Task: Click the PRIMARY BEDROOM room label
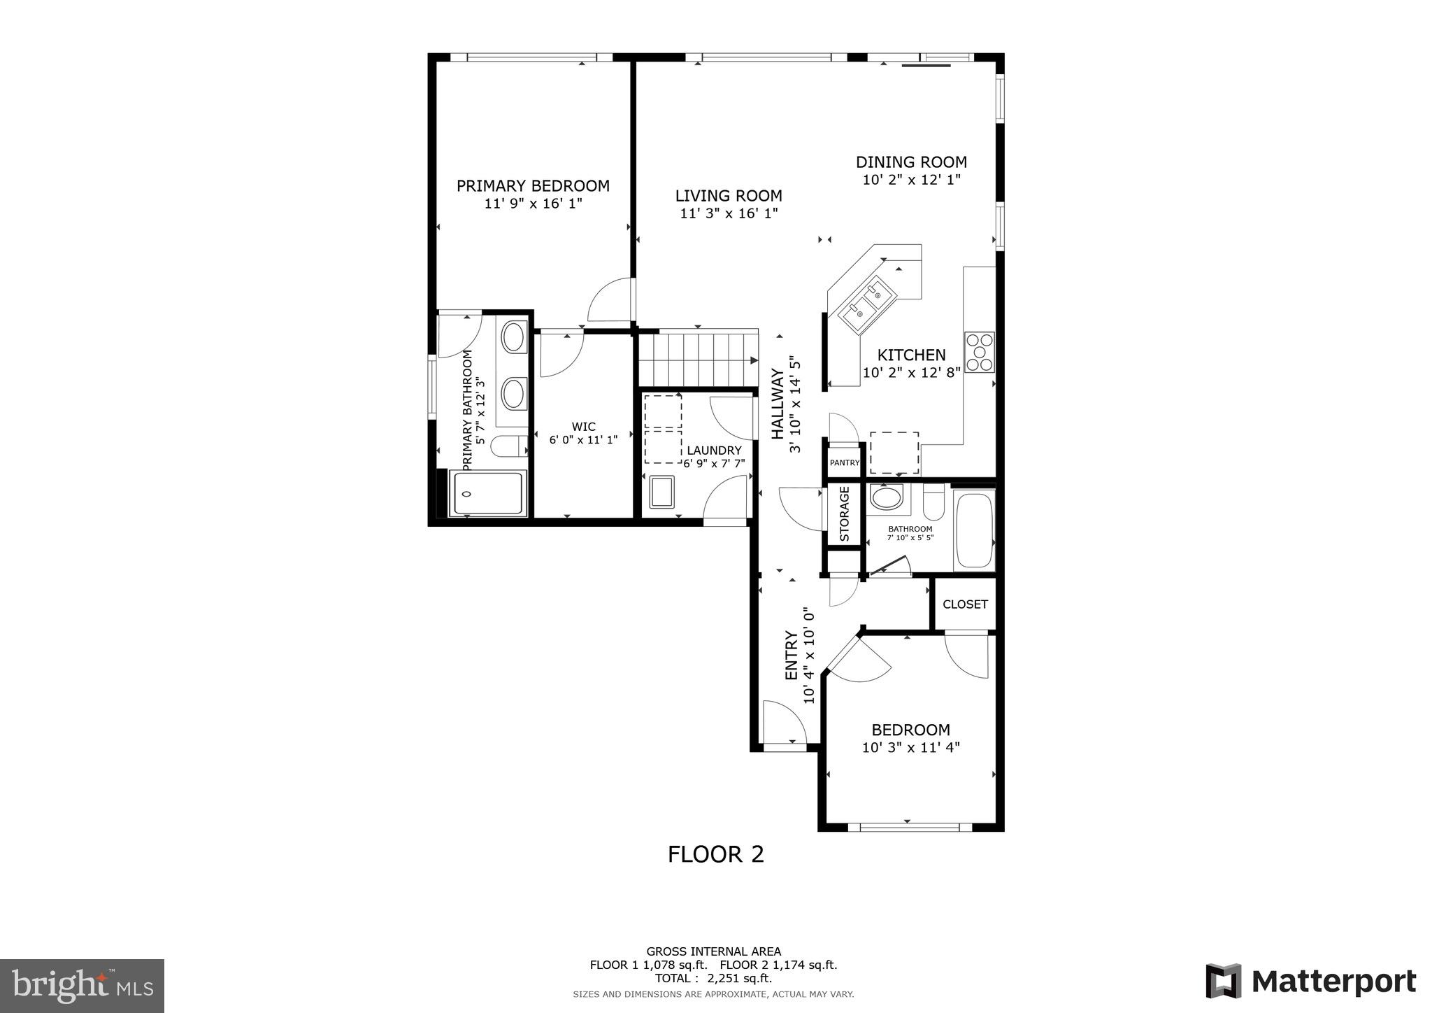click(533, 186)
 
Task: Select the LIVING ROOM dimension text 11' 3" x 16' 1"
click(729, 213)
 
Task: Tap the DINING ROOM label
click(911, 162)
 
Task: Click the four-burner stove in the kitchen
click(980, 352)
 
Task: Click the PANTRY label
click(844, 462)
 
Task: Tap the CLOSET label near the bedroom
click(965, 604)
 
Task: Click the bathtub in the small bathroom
click(974, 530)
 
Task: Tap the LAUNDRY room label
click(714, 451)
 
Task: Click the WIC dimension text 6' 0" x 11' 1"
click(583, 440)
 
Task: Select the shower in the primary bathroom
click(487, 494)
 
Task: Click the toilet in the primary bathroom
click(508, 445)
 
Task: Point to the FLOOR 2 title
click(715, 854)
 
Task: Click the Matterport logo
click(1310, 982)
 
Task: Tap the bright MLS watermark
click(82, 986)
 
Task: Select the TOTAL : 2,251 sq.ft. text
click(713, 978)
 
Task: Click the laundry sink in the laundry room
click(661, 492)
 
